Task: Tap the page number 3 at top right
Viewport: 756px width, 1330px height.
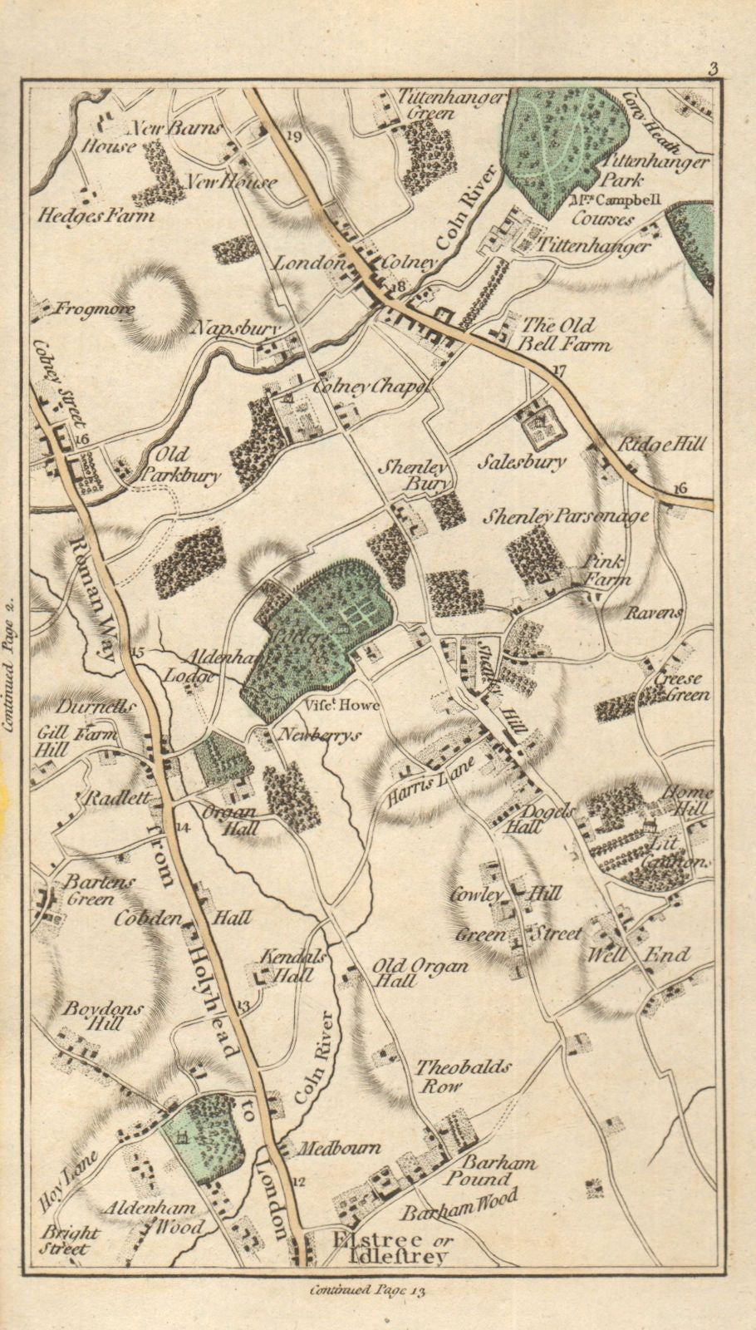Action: point(713,68)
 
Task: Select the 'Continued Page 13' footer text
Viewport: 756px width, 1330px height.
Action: point(366,1290)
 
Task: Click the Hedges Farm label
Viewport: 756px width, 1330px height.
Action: point(96,215)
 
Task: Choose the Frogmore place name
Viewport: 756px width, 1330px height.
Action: point(95,310)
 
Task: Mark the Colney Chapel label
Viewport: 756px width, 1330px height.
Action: point(371,387)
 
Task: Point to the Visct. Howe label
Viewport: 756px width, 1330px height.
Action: point(341,705)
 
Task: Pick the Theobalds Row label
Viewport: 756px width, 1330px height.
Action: point(463,1076)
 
